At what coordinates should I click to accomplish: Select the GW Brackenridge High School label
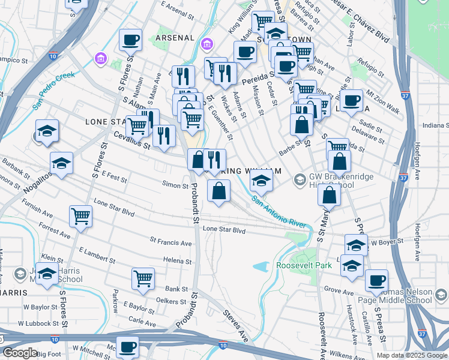click(x=331, y=180)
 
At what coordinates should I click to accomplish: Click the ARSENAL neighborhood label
click(x=175, y=38)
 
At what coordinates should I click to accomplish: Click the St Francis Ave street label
click(x=171, y=242)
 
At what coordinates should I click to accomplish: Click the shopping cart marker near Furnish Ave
click(x=80, y=216)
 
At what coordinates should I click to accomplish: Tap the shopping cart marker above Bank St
click(x=143, y=278)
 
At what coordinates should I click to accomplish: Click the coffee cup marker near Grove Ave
click(x=376, y=280)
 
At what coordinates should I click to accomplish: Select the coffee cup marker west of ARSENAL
click(x=130, y=40)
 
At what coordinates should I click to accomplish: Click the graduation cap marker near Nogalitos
click(x=61, y=164)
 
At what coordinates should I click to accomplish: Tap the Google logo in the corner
click(x=20, y=353)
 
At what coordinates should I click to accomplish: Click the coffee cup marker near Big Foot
click(x=127, y=347)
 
